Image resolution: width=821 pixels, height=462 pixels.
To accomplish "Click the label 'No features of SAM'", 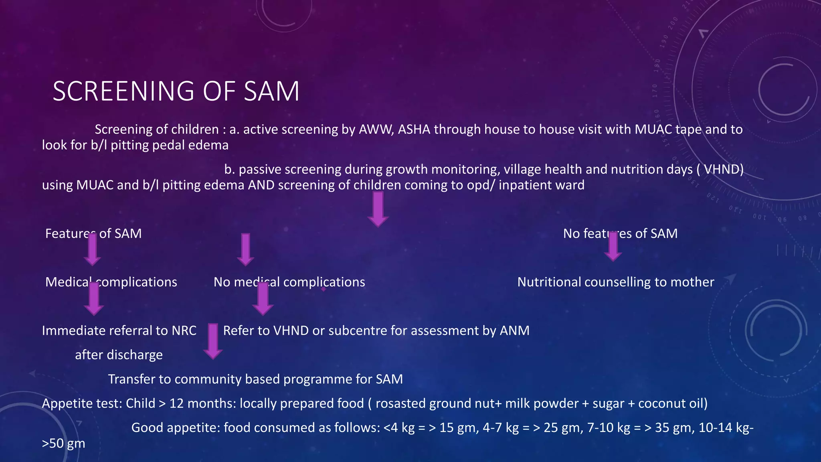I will tap(620, 233).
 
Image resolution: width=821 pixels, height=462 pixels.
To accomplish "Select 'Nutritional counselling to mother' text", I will tap(615, 282).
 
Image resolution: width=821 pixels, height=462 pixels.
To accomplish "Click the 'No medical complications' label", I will tap(289, 282).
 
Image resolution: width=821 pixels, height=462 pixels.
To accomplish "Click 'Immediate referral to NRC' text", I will tap(119, 330).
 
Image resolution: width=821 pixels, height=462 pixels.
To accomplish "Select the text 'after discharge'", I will tap(119, 355).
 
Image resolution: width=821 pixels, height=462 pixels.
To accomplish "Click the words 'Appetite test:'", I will tap(82, 403).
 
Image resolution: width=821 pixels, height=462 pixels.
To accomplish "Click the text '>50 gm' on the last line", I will tap(63, 444).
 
